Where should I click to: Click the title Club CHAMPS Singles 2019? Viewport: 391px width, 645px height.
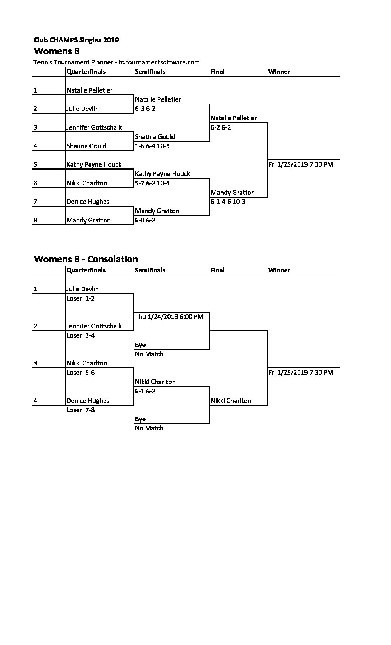click(x=76, y=40)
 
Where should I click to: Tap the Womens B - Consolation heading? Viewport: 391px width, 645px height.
click(x=86, y=259)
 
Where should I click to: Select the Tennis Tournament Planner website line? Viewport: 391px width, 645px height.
click(x=116, y=62)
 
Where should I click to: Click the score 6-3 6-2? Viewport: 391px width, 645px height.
click(x=145, y=109)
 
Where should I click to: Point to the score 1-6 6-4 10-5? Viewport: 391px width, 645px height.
click(x=152, y=146)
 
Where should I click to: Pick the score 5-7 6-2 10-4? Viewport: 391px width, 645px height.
click(x=152, y=183)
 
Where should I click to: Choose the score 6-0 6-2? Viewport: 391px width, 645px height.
click(x=145, y=220)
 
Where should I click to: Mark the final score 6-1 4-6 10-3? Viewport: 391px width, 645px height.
click(x=228, y=202)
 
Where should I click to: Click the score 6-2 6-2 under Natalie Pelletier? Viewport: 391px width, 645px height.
click(x=221, y=127)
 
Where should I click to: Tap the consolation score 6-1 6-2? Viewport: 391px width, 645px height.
click(x=145, y=391)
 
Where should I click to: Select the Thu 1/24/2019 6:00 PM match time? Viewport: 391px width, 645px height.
click(x=169, y=317)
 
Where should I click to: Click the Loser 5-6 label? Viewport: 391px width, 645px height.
click(x=81, y=373)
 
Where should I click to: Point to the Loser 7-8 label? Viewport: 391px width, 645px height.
click(x=81, y=410)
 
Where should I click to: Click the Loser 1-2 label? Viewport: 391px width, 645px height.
click(x=81, y=298)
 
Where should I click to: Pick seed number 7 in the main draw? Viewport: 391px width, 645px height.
click(x=35, y=202)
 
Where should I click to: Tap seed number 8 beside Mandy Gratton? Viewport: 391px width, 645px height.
click(x=35, y=220)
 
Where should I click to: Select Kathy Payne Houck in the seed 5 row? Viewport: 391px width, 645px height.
click(x=94, y=164)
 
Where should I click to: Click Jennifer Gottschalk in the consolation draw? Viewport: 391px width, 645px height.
click(x=94, y=326)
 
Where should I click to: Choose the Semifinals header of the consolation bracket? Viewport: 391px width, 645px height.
click(x=150, y=270)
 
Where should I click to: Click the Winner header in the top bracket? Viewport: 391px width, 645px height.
click(x=279, y=72)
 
